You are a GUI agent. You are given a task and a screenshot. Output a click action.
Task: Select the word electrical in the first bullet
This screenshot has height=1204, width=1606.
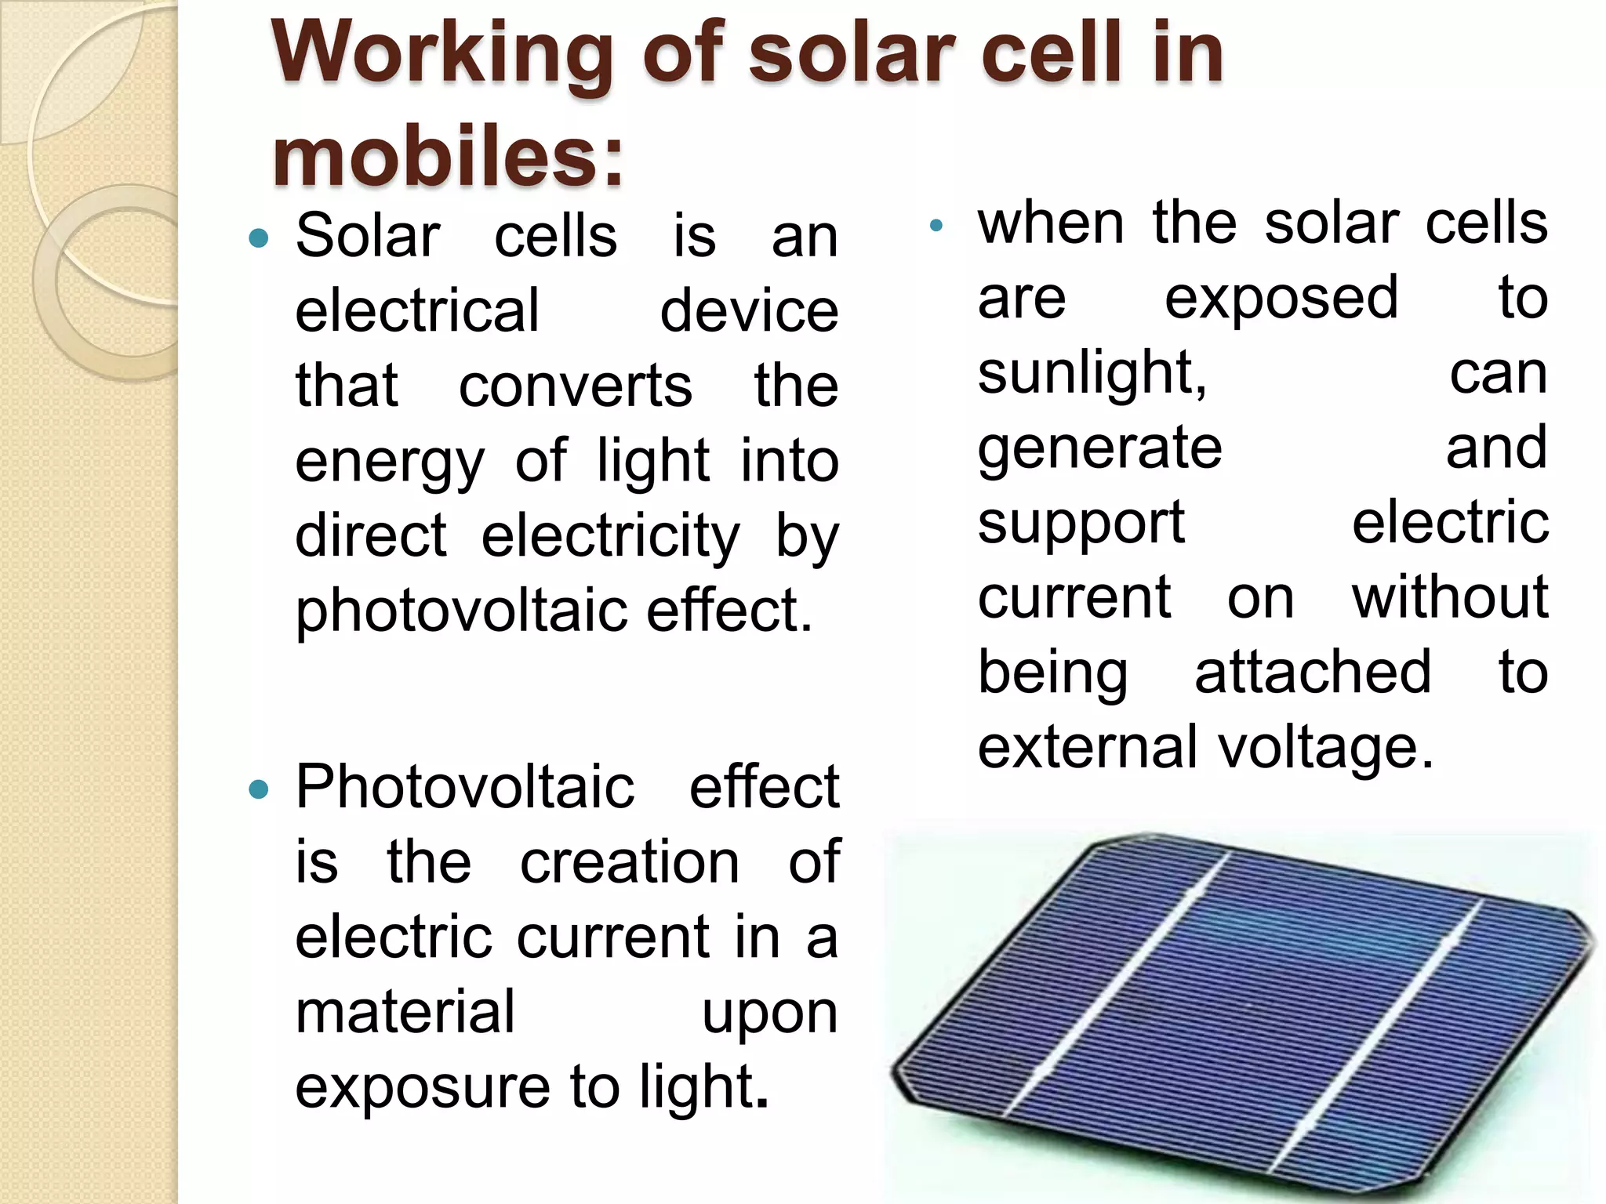point(417,310)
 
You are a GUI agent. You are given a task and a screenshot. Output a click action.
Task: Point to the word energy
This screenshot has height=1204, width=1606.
point(390,462)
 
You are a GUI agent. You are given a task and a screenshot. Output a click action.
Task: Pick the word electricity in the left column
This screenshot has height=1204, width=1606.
point(610,538)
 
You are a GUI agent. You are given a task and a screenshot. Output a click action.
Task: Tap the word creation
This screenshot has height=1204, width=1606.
point(630,862)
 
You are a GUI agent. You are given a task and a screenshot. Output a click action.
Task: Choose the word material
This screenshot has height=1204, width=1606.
point(405,1012)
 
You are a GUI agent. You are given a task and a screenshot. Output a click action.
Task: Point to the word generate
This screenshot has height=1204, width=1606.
point(1099,448)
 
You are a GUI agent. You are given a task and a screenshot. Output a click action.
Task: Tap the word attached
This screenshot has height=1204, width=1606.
point(1313,673)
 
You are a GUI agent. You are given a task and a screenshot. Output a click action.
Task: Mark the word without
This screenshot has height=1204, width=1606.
point(1450,598)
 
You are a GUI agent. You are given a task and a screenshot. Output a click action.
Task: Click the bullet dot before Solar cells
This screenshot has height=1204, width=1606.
point(258,238)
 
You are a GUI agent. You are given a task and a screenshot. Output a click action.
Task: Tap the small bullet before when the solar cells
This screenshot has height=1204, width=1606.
point(935,227)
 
